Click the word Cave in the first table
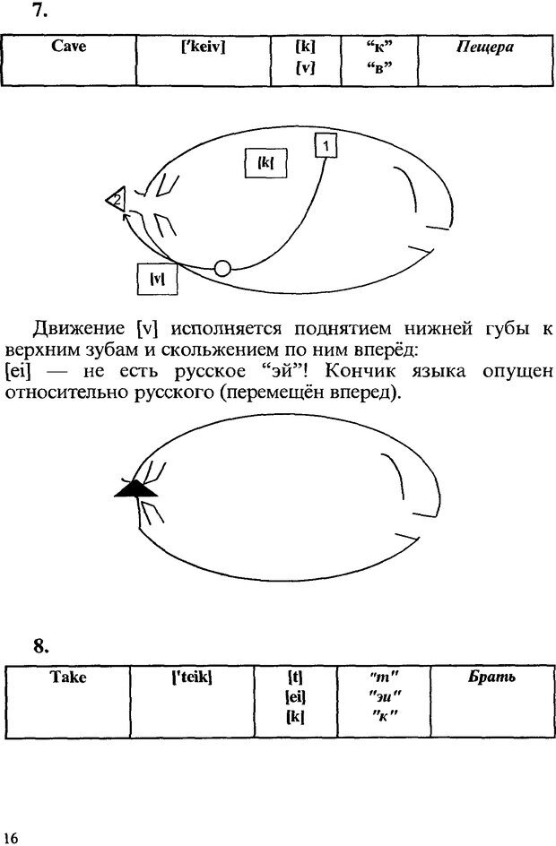(69, 47)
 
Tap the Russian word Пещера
(485, 47)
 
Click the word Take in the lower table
(68, 678)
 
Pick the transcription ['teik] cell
(191, 678)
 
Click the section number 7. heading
(39, 12)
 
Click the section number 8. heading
(41, 645)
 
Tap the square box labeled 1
(326, 145)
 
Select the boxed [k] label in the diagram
(265, 164)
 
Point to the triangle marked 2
(116, 201)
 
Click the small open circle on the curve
(222, 267)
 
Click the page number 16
(11, 837)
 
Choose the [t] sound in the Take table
(294, 678)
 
